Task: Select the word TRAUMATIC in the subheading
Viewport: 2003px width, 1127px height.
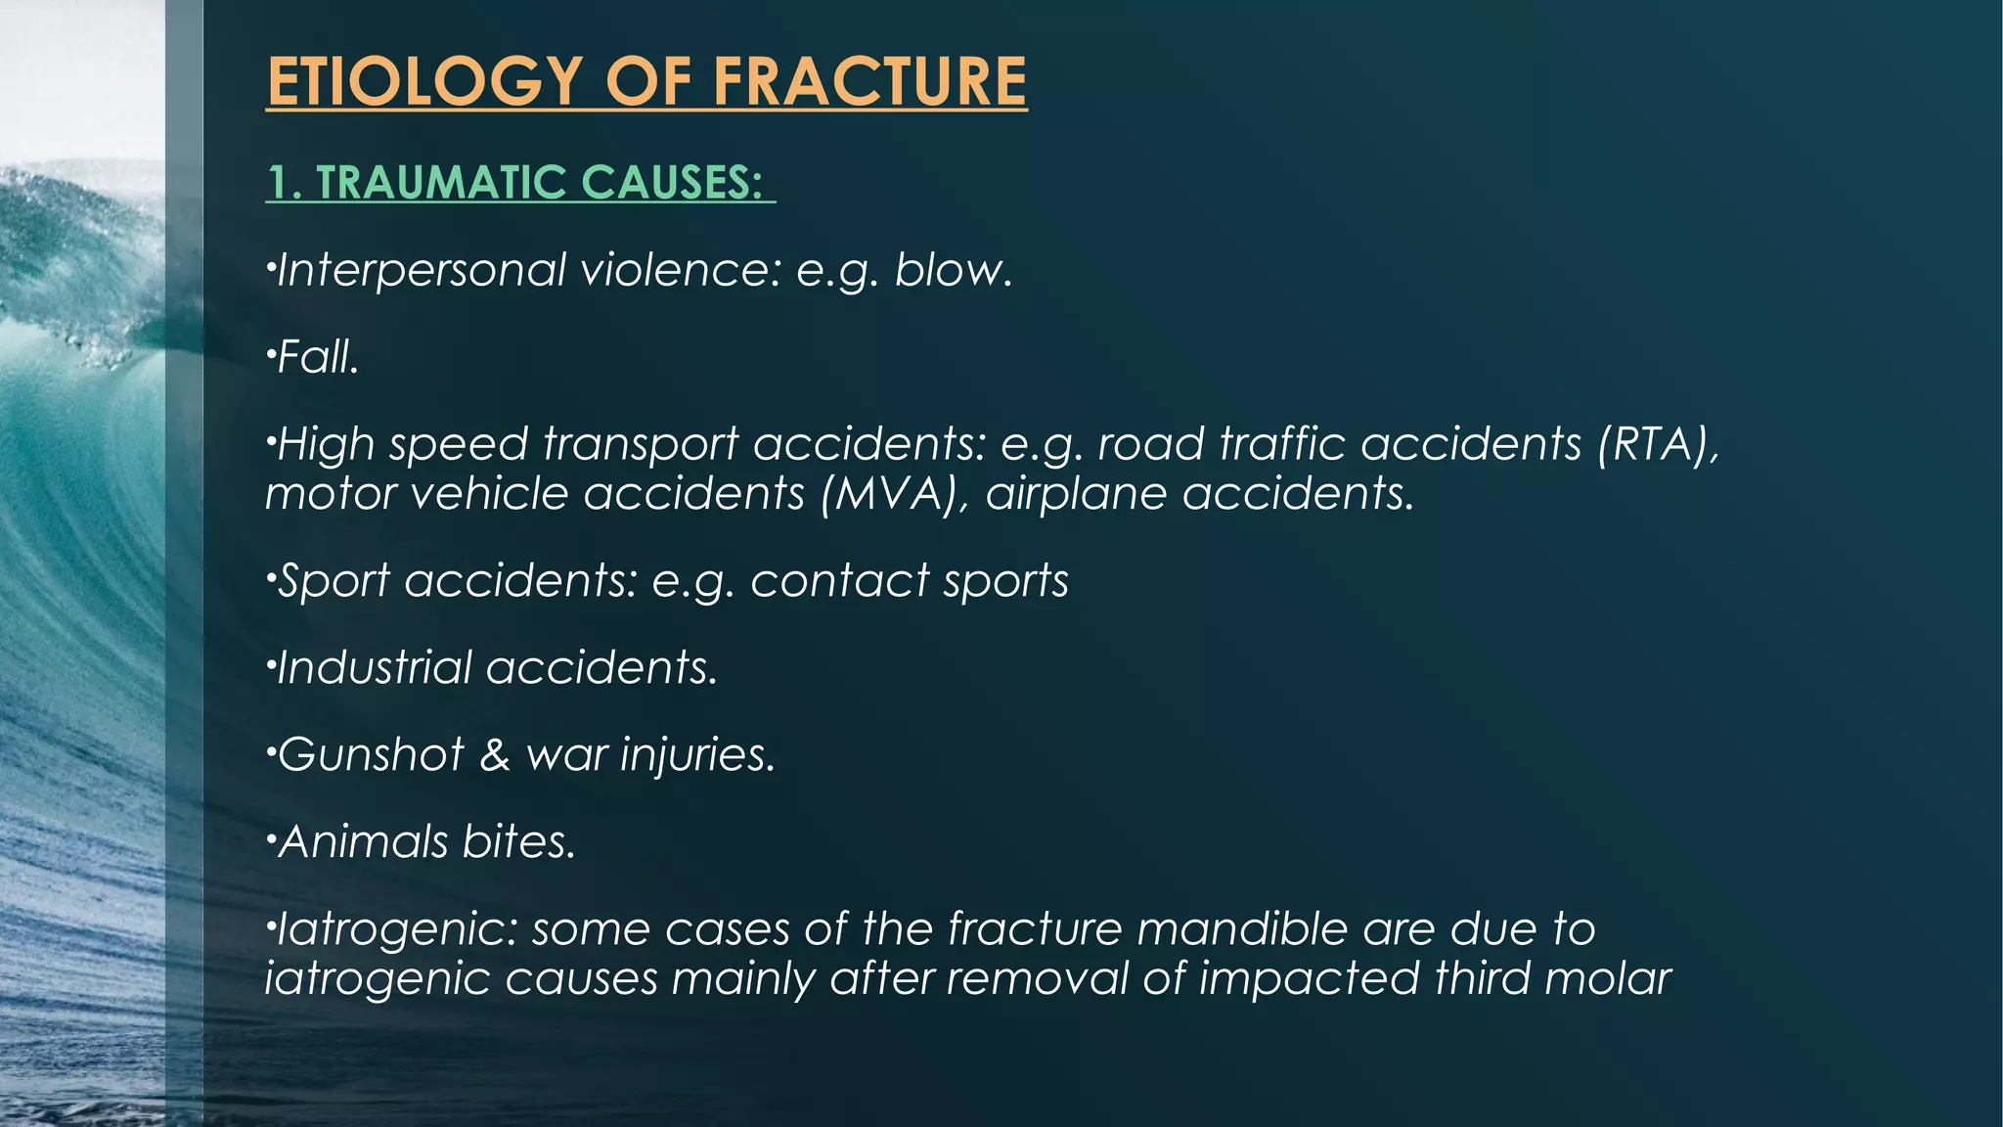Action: [x=440, y=183]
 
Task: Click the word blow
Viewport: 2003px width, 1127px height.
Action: [x=953, y=270]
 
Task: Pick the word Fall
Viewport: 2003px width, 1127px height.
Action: [x=319, y=357]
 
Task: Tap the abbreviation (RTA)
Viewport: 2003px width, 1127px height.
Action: [x=1658, y=444]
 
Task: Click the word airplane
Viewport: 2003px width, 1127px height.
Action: [x=1076, y=493]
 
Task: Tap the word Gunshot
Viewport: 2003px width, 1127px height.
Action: [x=371, y=755]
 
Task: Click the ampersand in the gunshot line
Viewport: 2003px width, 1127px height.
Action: [x=495, y=755]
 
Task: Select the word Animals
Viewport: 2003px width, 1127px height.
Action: [x=363, y=842]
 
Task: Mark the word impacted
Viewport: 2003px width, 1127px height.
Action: [x=1310, y=978]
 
